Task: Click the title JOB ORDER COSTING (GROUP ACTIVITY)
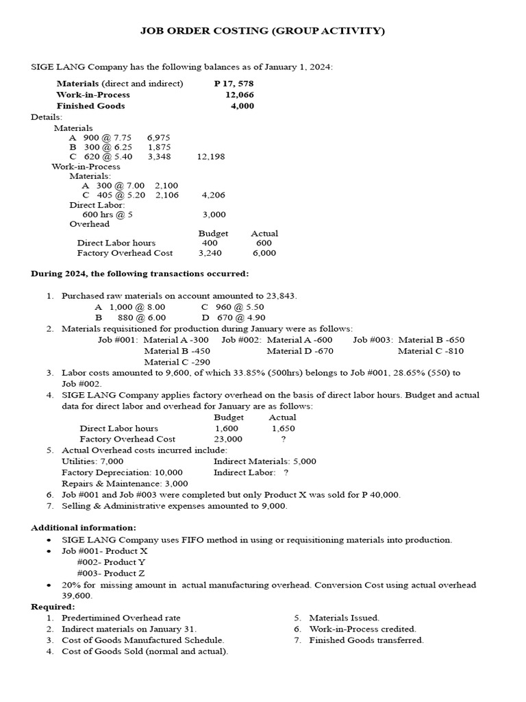coord(262,31)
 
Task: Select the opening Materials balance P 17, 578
coord(234,84)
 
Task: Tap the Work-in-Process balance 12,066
coord(239,95)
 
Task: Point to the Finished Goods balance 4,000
coord(242,106)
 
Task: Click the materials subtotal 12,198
coord(211,156)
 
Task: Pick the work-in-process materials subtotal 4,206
coord(213,195)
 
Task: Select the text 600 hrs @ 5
coord(107,214)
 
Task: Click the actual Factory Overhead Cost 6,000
coord(264,252)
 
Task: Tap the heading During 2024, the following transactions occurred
coord(140,274)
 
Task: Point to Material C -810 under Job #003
coord(430,351)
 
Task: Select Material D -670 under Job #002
coord(299,351)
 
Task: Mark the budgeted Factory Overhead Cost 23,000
coord(228,439)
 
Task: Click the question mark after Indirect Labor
coord(286,472)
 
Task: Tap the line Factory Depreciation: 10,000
coord(122,472)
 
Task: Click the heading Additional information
coord(84,527)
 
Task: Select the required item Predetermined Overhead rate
coord(121,618)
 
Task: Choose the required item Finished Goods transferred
coord(366,640)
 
